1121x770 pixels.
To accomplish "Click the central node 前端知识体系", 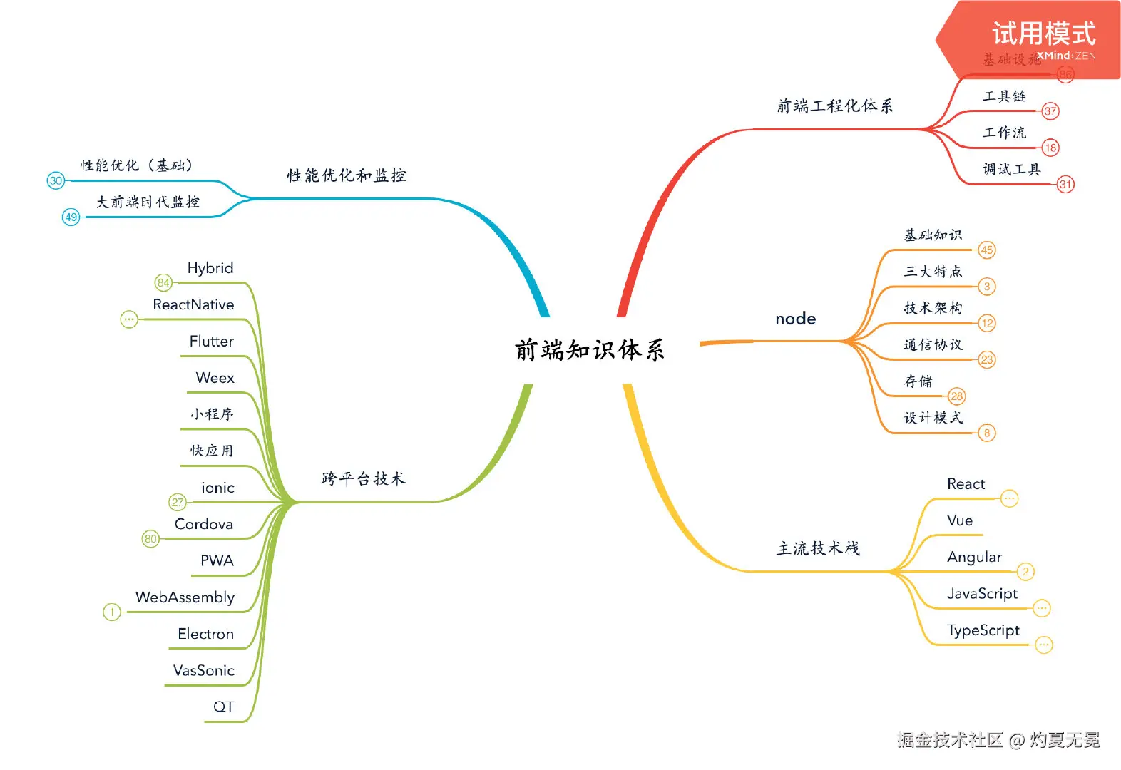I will pyautogui.click(x=590, y=350).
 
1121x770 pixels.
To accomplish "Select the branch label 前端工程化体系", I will pyautogui.click(x=834, y=106).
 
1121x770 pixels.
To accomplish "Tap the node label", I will pyautogui.click(x=795, y=319).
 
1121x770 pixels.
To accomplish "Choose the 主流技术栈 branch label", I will pyautogui.click(x=818, y=548).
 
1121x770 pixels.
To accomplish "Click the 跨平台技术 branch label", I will pyautogui.click(x=363, y=478).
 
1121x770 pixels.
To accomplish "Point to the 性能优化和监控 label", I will pyautogui.click(x=347, y=175).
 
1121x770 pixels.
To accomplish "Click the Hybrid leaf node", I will pyautogui.click(x=210, y=268).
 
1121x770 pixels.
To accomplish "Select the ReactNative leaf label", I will pyautogui.click(x=193, y=304).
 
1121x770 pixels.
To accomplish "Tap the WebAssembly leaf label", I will pyautogui.click(x=185, y=597).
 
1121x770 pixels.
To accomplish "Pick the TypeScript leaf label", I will pyautogui.click(x=983, y=630).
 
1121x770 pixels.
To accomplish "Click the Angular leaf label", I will pyautogui.click(x=974, y=557).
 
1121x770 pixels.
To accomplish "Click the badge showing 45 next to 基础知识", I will pyautogui.click(x=987, y=250).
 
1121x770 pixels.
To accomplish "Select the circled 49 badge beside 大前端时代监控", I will pyautogui.click(x=71, y=217).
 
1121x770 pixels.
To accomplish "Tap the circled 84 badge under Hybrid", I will pyautogui.click(x=163, y=283).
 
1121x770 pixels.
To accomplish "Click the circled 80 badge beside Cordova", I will pyautogui.click(x=150, y=539).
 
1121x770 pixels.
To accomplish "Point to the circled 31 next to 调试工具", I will pyautogui.click(x=1065, y=184).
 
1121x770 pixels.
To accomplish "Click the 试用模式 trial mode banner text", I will pyautogui.click(x=1043, y=34).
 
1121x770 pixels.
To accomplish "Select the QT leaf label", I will pyautogui.click(x=223, y=707).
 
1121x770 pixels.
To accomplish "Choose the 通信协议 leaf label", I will pyautogui.click(x=933, y=345).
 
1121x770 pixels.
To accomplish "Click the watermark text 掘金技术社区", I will pyautogui.click(x=950, y=740).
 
